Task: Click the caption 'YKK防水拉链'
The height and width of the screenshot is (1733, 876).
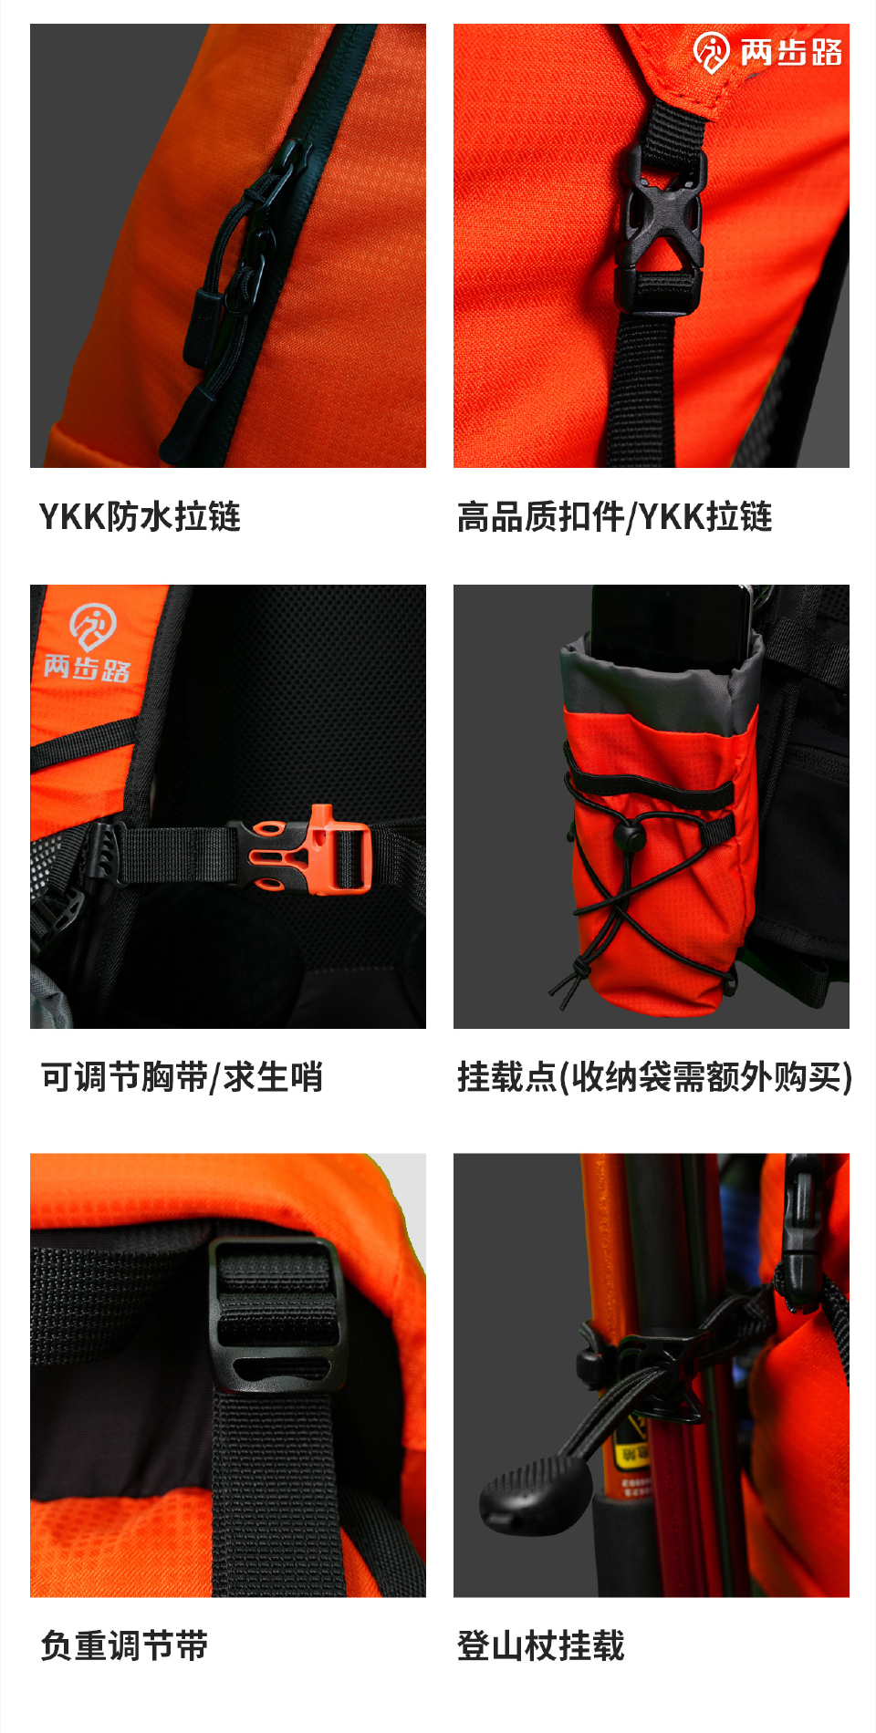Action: pyautogui.click(x=140, y=516)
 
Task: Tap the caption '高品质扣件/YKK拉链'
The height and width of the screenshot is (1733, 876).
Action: pyautogui.click(x=614, y=516)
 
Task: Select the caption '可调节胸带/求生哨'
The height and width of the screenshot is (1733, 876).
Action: pyautogui.click(x=182, y=1077)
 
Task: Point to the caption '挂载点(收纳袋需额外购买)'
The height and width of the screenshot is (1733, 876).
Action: pyautogui.click(x=654, y=1077)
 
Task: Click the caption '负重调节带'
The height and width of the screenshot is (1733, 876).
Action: pyautogui.click(x=124, y=1645)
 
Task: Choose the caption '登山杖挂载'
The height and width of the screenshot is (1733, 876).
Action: pyautogui.click(x=540, y=1645)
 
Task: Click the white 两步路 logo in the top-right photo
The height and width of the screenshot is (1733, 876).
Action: pyautogui.click(x=766, y=52)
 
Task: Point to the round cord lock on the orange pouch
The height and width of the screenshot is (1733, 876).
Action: pyautogui.click(x=628, y=835)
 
